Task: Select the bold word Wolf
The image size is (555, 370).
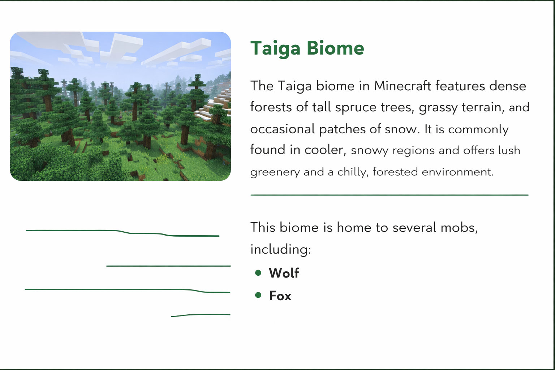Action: [x=284, y=273]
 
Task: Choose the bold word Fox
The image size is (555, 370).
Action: [x=280, y=296]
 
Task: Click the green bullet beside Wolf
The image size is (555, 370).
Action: [x=258, y=273]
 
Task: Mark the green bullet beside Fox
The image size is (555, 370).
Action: [x=258, y=295]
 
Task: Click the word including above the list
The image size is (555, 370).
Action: [x=280, y=249]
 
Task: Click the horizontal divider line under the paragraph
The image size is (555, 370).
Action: [x=390, y=195]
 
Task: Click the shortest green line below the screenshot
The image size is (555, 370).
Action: [x=201, y=315]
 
